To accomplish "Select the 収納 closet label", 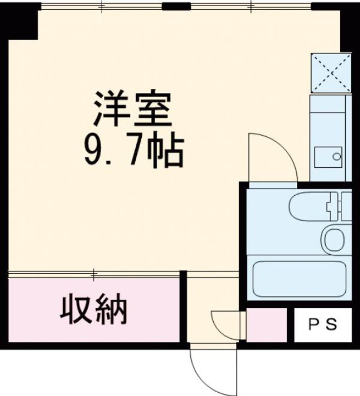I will (93, 311).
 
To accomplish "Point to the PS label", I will (322, 325).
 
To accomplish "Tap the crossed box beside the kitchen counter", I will (331, 73).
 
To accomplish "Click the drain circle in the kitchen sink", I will (336, 157).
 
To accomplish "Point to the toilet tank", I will (346, 207).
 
